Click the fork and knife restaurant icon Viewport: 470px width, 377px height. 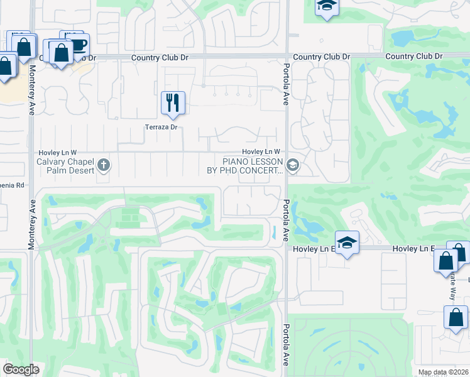(x=173, y=102)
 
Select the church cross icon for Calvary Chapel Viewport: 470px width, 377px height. (x=104, y=166)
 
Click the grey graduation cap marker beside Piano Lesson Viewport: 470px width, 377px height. (x=292, y=166)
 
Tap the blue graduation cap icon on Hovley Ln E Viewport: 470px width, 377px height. (x=346, y=243)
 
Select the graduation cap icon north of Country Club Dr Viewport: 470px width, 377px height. (x=326, y=7)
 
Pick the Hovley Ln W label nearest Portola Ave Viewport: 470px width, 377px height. (x=261, y=151)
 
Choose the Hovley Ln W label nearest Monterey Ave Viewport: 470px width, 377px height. (x=57, y=152)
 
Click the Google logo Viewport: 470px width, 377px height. (x=21, y=369)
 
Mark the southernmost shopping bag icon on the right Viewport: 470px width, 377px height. (x=456, y=317)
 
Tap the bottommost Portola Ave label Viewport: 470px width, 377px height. (x=286, y=346)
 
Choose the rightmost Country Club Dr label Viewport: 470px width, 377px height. (x=414, y=57)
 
